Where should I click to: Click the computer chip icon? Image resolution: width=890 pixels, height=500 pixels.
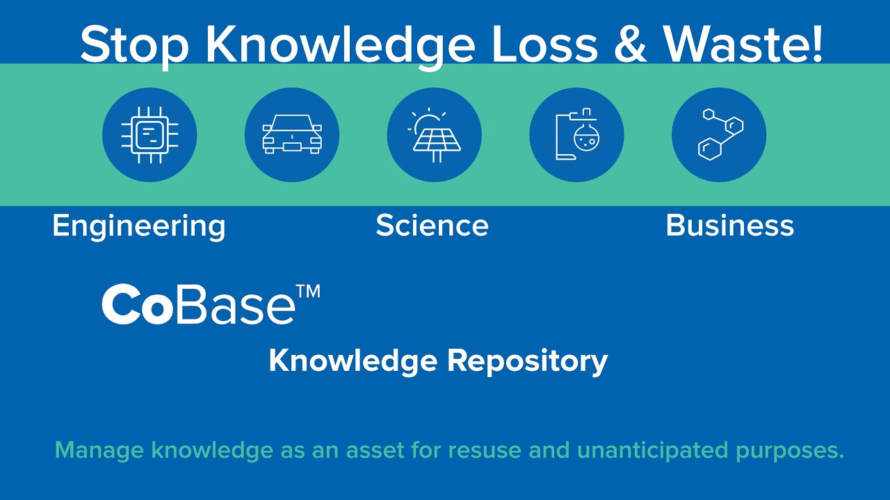pos(149,135)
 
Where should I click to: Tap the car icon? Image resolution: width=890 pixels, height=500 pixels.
pos(292,135)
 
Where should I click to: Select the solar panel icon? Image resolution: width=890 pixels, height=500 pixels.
pos(435,135)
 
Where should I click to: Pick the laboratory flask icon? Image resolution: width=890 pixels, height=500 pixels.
pos(576,135)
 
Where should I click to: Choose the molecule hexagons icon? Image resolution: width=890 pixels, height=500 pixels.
pos(719,135)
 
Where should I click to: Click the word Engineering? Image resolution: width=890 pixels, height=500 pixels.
pos(139,226)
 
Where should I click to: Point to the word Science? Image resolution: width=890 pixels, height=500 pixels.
pos(432,226)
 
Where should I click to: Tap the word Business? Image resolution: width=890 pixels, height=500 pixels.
pos(729,226)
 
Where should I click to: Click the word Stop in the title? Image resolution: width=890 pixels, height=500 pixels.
pos(134,44)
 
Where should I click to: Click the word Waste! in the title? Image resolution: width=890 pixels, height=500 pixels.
pos(743,44)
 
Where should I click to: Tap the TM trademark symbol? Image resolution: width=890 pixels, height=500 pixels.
pos(309,291)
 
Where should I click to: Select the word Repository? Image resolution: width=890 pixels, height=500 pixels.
pos(526,361)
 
